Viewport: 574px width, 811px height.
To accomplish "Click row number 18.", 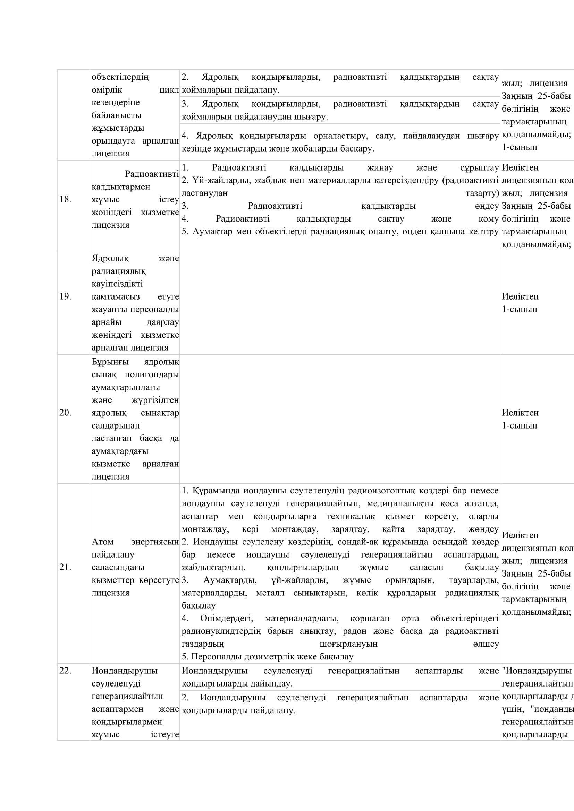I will [x=65, y=200].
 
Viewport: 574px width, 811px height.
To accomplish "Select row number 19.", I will [x=65, y=296].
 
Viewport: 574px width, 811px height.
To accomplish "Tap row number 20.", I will [x=65, y=413].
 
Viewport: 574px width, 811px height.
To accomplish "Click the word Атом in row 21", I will [x=102, y=542].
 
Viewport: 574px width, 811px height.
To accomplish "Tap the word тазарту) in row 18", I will [x=482, y=193].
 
